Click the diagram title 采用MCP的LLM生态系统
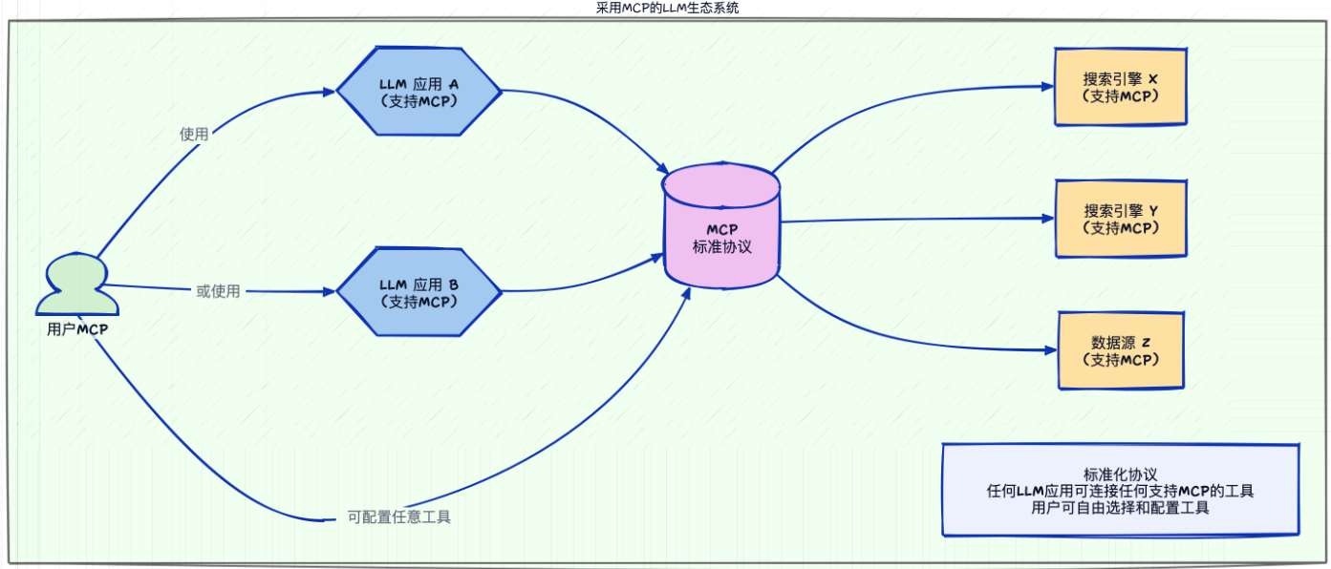665,9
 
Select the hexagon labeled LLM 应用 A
419,91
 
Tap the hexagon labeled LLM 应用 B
419,292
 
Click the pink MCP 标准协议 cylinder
722,229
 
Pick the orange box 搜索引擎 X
1120,87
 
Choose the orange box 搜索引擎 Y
1120,219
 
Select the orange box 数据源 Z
1122,350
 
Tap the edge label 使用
194,135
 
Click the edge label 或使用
218,291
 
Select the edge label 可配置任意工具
399,517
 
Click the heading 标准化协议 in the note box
1120,474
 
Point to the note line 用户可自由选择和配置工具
1120,509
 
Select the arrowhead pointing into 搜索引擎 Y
1047,219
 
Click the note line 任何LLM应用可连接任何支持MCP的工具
1120,492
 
